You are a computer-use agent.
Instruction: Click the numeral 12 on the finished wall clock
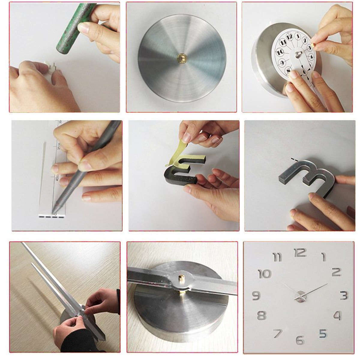click(x=300, y=253)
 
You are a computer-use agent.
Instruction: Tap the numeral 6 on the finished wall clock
click(x=300, y=340)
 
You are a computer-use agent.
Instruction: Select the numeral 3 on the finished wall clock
click(x=344, y=295)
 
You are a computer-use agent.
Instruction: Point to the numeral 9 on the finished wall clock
click(x=256, y=295)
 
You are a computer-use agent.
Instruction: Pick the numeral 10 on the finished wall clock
click(x=264, y=274)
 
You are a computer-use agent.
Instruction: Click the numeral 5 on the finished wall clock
click(x=322, y=333)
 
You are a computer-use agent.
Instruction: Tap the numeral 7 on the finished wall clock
click(x=277, y=333)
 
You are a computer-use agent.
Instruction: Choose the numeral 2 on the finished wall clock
click(x=337, y=272)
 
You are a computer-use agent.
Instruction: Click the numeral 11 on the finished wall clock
click(x=277, y=257)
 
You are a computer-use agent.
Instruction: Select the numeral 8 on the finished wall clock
click(x=261, y=316)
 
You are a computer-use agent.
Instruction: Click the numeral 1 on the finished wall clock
click(x=323, y=257)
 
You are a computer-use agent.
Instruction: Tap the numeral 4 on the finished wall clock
click(x=337, y=316)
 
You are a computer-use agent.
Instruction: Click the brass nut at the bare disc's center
click(x=181, y=57)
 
